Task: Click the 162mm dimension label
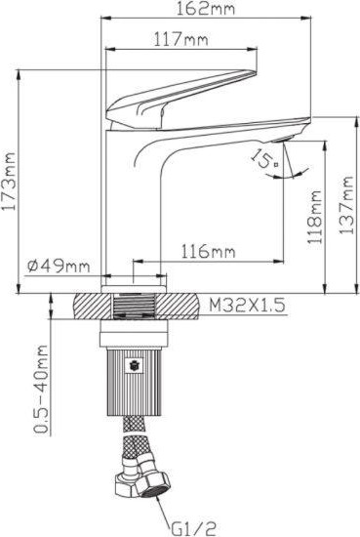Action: pos(205,8)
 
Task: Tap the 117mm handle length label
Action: pos(180,39)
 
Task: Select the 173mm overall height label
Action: pos(9,182)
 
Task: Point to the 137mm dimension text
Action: pos(346,205)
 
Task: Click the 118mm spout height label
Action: pos(314,217)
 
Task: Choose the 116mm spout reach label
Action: pos(208,251)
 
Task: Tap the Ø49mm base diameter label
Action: pos(59,266)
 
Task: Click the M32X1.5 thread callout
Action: pos(247,305)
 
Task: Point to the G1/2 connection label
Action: pos(193,529)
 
